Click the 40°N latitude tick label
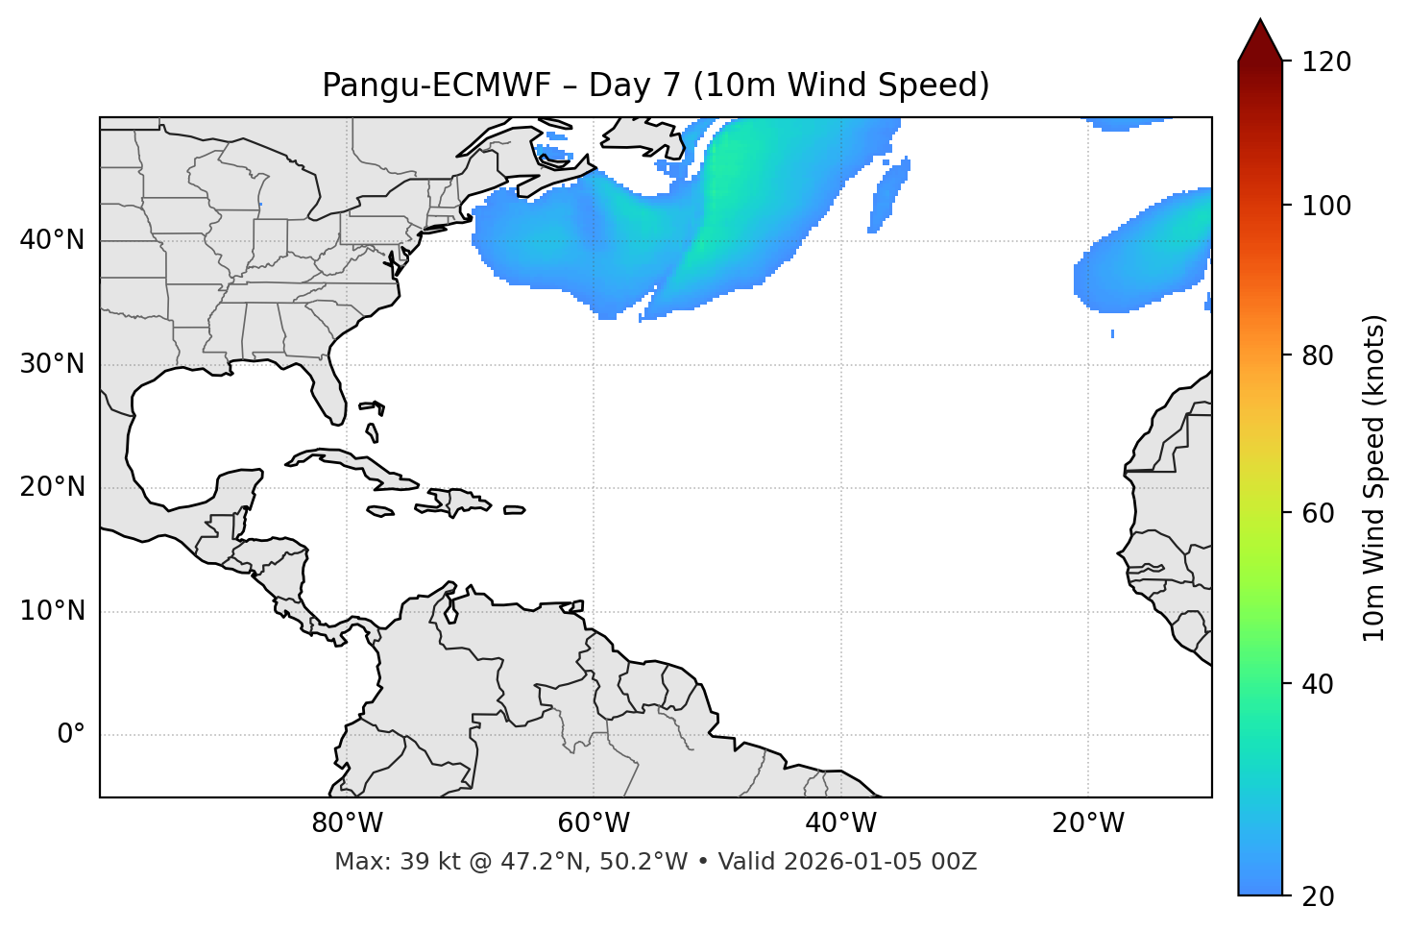coord(52,240)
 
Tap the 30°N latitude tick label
coord(52,364)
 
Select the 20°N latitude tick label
coord(52,487)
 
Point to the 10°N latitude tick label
coord(52,611)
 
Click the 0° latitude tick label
coord(71,735)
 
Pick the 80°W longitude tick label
coord(347,823)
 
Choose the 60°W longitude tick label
coord(594,823)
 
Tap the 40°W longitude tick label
coord(840,823)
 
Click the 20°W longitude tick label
coord(1088,823)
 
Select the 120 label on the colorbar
coord(1326,62)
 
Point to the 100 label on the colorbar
coord(1326,206)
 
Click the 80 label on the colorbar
coord(1319,355)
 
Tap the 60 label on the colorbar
coord(1319,513)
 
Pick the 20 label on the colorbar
coord(1319,896)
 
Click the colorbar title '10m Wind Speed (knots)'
coord(1374,478)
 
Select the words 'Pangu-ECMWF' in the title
coord(436,86)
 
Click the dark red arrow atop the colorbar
coord(1260,41)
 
